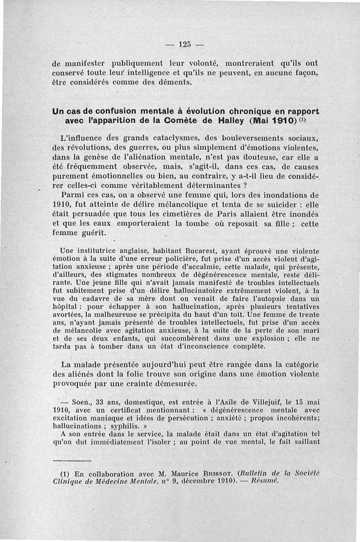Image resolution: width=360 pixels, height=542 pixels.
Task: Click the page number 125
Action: coord(185,44)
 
